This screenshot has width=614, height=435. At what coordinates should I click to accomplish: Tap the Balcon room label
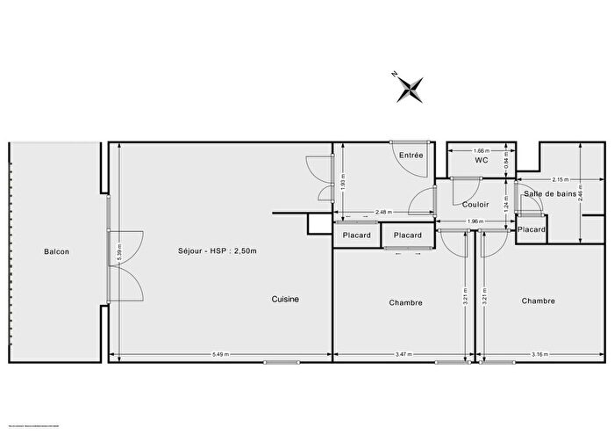click(56, 252)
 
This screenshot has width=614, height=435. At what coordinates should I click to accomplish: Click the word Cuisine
click(284, 299)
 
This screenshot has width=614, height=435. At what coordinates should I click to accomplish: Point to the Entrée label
click(411, 155)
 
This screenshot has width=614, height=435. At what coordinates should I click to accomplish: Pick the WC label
click(481, 161)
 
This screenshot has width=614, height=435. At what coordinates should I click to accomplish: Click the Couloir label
click(475, 204)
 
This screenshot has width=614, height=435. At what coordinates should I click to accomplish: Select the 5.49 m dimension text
click(220, 354)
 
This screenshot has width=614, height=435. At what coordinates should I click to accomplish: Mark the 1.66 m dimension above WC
click(480, 150)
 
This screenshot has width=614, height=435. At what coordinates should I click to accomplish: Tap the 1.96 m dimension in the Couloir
click(474, 221)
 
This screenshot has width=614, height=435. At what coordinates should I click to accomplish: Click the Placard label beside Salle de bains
click(532, 229)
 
